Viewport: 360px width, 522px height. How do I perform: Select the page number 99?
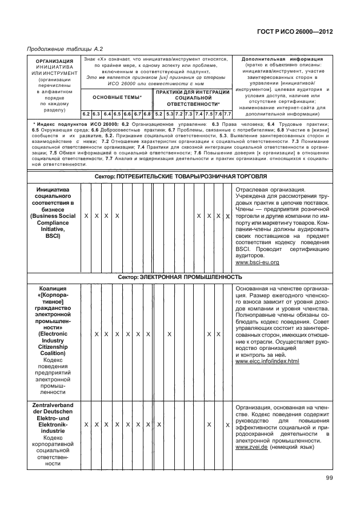coord(329,479)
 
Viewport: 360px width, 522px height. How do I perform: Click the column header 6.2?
coord(86,114)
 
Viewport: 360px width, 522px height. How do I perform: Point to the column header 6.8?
coord(147,114)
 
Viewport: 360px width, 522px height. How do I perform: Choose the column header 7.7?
coord(227,114)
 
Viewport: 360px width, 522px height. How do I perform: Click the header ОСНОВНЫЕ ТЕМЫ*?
coord(117,97)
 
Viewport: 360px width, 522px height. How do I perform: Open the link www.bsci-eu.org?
coord(257,262)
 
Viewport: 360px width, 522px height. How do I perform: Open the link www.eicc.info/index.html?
coord(267,361)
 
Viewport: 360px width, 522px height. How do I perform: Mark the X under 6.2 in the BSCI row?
coord(86,216)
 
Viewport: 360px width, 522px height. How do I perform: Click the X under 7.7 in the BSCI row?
coord(227,216)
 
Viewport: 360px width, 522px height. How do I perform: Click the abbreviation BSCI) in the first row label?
coord(51,235)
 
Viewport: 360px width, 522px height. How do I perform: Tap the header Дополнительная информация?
coord(282,59)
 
